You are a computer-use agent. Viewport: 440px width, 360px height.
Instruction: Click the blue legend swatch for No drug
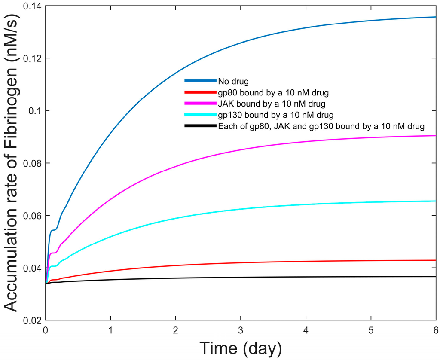200,80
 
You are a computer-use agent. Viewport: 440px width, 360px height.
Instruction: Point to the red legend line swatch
200,92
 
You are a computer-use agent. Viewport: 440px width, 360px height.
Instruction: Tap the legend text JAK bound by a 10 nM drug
265,104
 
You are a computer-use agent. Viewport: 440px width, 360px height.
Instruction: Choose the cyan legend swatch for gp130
200,115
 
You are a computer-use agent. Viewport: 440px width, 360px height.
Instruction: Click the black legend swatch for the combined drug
200,126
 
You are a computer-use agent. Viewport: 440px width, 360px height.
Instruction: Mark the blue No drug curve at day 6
435,17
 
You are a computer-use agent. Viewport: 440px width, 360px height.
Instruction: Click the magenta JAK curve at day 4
306,141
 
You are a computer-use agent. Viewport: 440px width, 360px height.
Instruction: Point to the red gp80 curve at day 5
371,261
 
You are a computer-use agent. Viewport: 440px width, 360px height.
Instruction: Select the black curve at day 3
241,278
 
